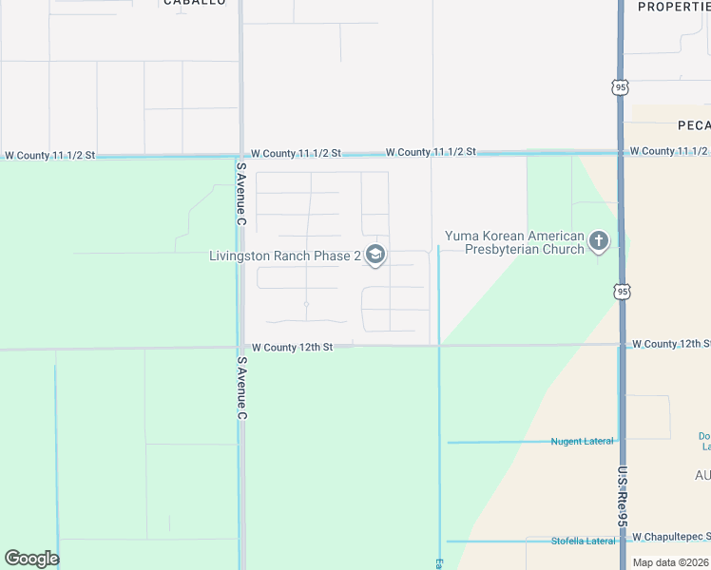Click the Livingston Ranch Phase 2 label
coord(285,256)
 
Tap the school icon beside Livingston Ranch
coord(375,255)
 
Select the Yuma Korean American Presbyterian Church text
coord(515,242)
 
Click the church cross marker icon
coord(598,241)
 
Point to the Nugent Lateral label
coord(582,441)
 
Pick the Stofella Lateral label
coord(584,541)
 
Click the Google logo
coord(31,558)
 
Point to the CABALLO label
coord(195,3)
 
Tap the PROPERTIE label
coord(674,6)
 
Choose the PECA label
coord(694,124)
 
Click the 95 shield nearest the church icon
coord(621,292)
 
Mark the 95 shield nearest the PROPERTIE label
coord(621,86)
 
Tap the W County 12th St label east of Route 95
coord(671,343)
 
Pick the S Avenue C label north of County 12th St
coord(241,194)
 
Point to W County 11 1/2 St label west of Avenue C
coord(50,155)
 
